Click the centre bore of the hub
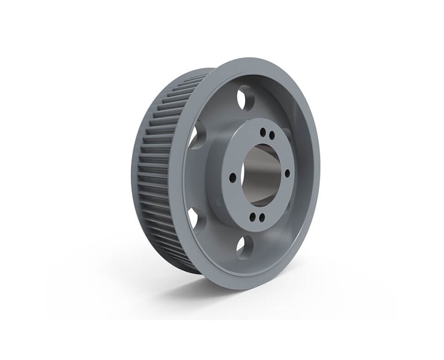tap(260, 173)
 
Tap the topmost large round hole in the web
tap(246, 97)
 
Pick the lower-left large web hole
tap(195, 218)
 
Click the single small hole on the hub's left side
tap(232, 177)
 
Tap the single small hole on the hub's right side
tap(287, 173)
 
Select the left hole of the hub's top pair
tap(262, 131)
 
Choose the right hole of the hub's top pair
tap(270, 135)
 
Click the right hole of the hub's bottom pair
tap(261, 218)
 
